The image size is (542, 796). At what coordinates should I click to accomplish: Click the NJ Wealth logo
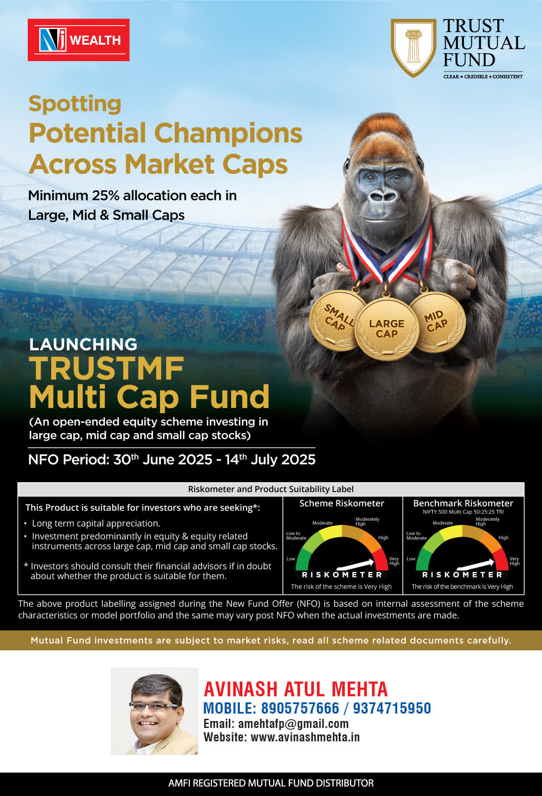(78, 40)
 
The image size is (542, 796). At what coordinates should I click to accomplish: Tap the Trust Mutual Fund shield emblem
(413, 48)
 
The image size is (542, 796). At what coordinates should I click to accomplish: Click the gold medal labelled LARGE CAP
(387, 329)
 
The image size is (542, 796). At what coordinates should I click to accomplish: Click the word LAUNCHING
(83, 344)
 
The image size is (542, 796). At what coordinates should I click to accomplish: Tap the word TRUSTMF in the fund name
(107, 369)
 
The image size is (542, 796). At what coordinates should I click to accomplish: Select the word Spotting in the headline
(75, 104)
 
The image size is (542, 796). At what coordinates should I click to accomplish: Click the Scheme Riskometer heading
(342, 503)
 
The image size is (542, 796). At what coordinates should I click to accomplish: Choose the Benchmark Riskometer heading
(463, 503)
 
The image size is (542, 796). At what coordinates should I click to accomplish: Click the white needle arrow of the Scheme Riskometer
(355, 564)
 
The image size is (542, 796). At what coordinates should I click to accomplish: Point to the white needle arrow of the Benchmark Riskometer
(476, 564)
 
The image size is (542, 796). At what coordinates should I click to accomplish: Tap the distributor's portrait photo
(155, 711)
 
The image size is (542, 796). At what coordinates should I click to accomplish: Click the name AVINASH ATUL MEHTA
(296, 689)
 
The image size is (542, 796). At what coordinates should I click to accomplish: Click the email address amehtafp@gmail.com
(294, 724)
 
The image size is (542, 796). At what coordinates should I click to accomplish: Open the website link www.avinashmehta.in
(305, 737)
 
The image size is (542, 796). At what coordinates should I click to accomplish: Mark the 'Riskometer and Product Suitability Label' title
(271, 489)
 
